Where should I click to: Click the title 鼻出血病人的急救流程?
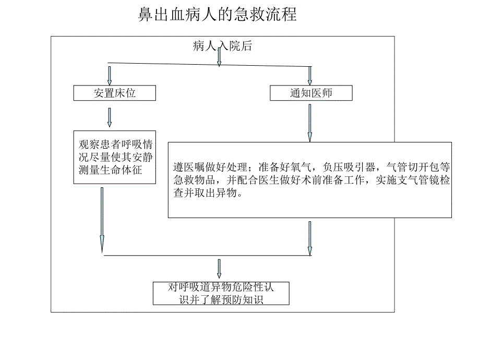(218, 15)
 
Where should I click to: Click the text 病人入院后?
(222, 46)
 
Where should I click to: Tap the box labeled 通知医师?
(311, 93)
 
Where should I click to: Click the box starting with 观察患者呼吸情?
(115, 157)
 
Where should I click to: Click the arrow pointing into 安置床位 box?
(110, 75)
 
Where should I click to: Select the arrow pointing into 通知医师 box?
(310, 76)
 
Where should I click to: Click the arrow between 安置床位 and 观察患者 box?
(110, 117)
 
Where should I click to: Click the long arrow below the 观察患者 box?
(102, 219)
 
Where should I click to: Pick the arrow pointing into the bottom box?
(219, 269)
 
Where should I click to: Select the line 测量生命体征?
(110, 170)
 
